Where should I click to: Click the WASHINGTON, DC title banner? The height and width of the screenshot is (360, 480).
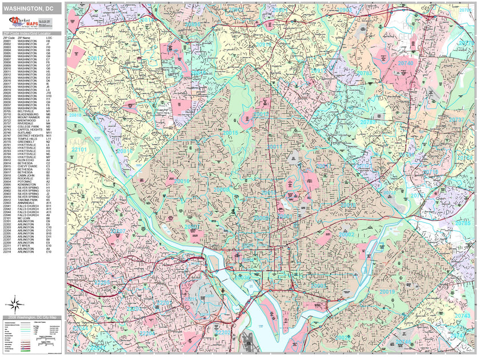click(x=31, y=9)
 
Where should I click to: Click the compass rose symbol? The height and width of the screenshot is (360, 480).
click(x=17, y=303)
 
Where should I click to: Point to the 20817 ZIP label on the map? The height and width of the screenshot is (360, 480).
click(x=95, y=58)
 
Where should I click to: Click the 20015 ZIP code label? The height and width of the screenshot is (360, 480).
click(x=230, y=133)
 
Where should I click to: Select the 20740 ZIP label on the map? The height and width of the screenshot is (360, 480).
click(x=406, y=63)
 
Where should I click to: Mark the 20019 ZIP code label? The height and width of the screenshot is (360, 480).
click(x=387, y=292)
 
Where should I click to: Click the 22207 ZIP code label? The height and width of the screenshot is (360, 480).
click(x=118, y=231)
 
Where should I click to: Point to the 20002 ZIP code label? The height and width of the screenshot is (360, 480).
click(x=346, y=234)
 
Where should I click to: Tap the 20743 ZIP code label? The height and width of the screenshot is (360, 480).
click(x=462, y=315)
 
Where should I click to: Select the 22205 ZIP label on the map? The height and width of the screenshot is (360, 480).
click(x=102, y=282)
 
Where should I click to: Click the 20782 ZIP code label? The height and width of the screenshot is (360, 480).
click(x=369, y=122)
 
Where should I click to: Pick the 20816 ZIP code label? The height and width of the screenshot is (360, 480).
click(x=124, y=151)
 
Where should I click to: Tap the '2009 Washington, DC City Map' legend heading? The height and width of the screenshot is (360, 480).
click(x=32, y=317)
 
